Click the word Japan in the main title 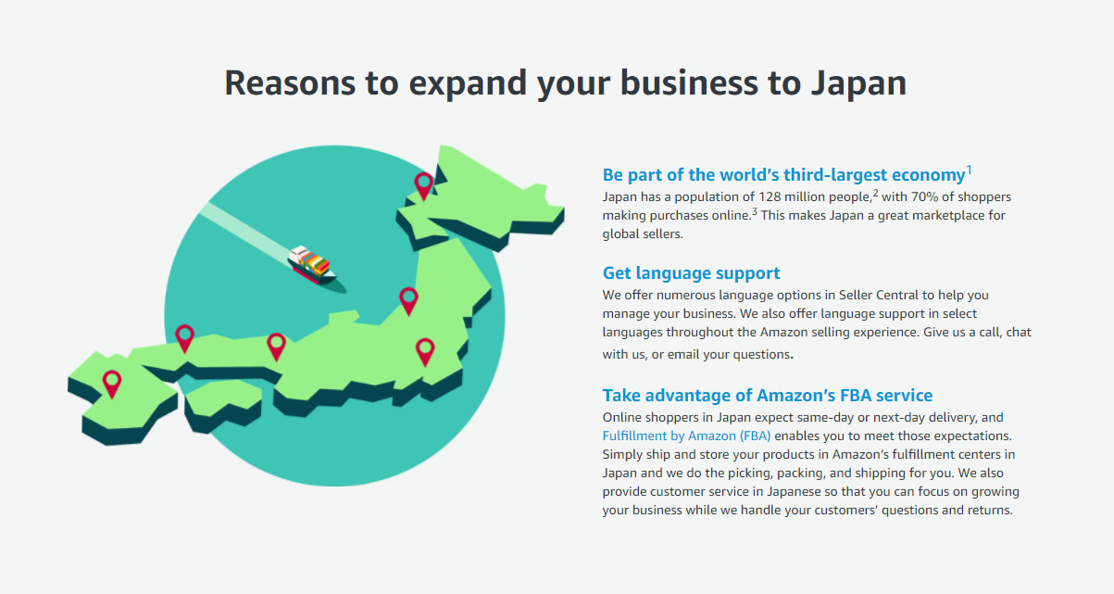pyautogui.click(x=858, y=82)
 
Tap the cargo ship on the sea pyautogui.click(x=312, y=265)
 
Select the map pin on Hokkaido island pyautogui.click(x=424, y=186)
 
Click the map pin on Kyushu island pyautogui.click(x=112, y=384)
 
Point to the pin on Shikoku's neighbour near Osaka pyautogui.click(x=276, y=347)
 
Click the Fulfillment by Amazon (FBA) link pyautogui.click(x=686, y=436)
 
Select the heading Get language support pyautogui.click(x=691, y=273)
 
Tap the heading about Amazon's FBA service pyautogui.click(x=768, y=396)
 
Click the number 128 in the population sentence pyautogui.click(x=770, y=197)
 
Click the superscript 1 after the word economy pyautogui.click(x=969, y=171)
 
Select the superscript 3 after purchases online pyautogui.click(x=755, y=212)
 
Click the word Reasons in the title pyautogui.click(x=290, y=82)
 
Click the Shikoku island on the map pyautogui.click(x=222, y=406)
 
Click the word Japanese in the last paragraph pyautogui.click(x=794, y=491)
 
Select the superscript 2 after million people pyautogui.click(x=876, y=193)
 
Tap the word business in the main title pyautogui.click(x=689, y=82)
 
